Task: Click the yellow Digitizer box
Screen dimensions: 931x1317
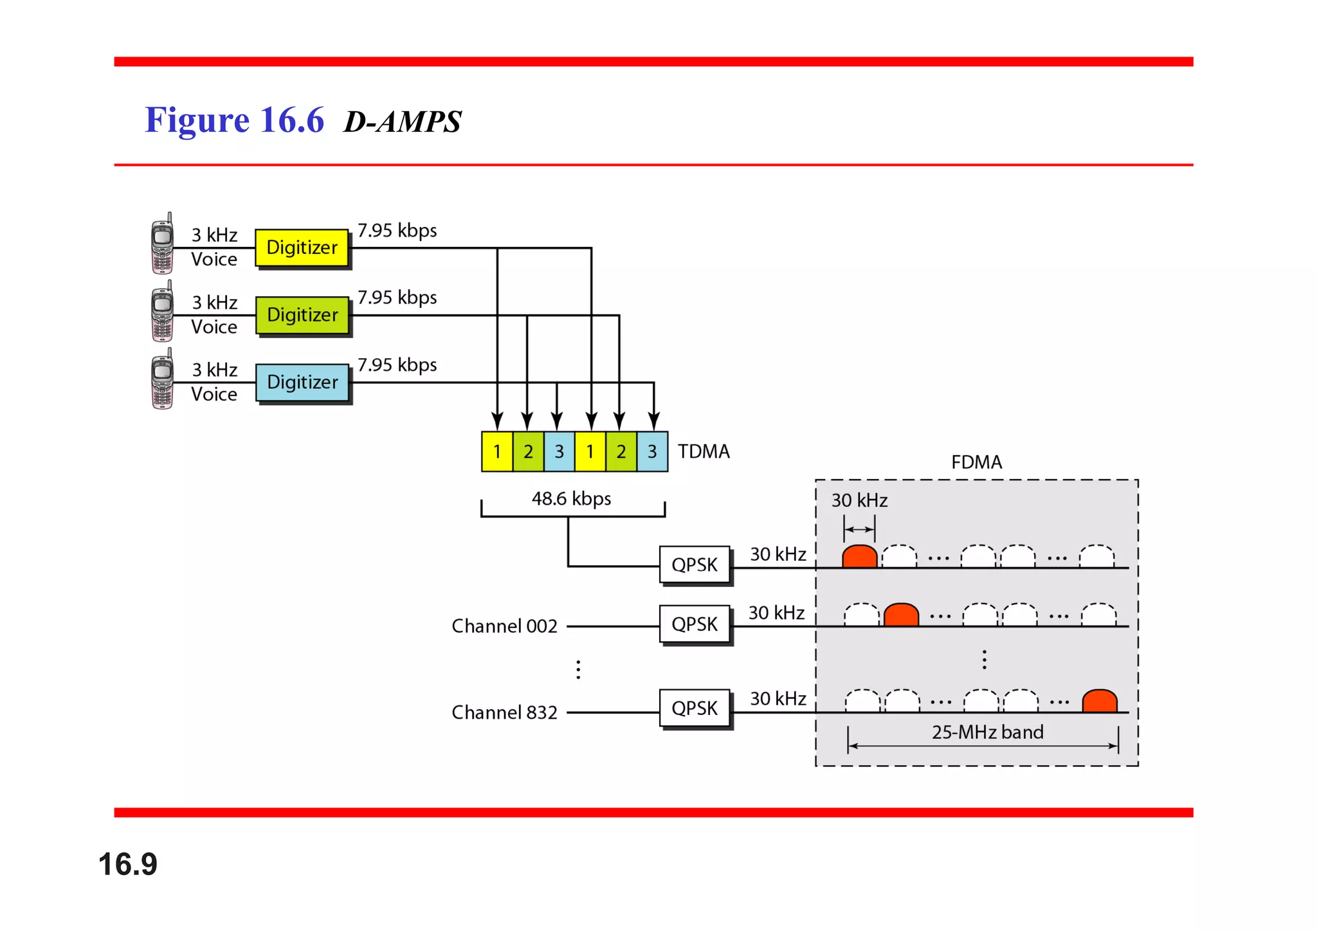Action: (302, 248)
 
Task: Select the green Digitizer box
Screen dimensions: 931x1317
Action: (302, 315)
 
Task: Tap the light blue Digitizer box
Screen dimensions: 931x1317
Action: (302, 383)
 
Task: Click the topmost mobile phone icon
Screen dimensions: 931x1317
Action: (162, 244)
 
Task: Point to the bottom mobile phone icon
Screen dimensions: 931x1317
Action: (162, 379)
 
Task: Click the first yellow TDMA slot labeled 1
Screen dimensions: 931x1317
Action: (497, 451)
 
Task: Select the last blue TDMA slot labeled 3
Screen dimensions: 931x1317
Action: (652, 451)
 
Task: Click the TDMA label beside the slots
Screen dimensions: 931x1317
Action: (704, 451)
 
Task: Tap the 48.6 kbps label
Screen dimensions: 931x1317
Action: (571, 499)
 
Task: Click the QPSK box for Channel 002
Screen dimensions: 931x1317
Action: (695, 624)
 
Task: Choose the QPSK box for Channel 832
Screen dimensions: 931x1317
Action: (695, 708)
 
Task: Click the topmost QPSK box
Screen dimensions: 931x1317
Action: (695, 565)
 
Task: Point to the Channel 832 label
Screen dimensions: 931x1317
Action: (504, 712)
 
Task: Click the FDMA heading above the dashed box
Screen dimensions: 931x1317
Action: (976, 462)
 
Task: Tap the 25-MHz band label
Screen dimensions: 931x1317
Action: (987, 732)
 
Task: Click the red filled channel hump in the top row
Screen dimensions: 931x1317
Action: (860, 557)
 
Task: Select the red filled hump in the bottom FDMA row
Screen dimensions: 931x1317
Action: (1100, 701)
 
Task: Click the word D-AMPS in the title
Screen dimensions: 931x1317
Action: (403, 122)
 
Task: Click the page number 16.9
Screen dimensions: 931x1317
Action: (127, 863)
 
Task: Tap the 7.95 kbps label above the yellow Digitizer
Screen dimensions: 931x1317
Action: (397, 230)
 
